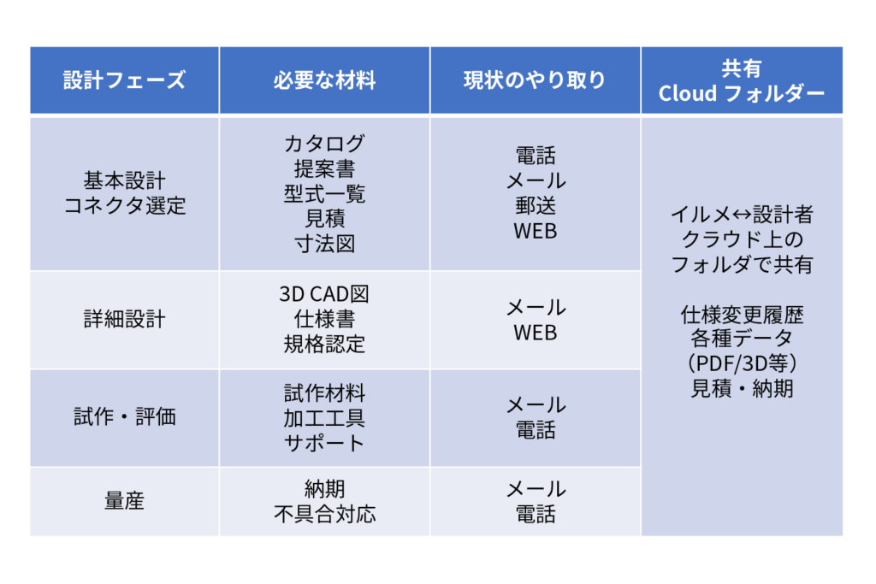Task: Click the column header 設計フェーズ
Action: (124, 80)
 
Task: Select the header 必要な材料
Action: (324, 80)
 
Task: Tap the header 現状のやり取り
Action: (535, 80)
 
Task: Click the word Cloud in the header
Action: (687, 93)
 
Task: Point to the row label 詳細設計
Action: (125, 319)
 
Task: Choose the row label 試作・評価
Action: (125, 416)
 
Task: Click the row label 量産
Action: (125, 501)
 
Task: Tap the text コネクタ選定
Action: (125, 206)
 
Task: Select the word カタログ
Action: (324, 144)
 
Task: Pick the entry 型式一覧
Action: (324, 194)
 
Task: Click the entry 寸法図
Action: (324, 244)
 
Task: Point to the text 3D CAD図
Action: (324, 294)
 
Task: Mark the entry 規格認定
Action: (324, 345)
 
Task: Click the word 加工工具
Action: (324, 418)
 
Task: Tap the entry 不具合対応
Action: (324, 514)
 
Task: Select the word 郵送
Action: (536, 206)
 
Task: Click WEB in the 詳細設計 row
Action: (536, 333)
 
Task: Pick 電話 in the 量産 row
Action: (536, 514)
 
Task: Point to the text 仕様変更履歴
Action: (742, 316)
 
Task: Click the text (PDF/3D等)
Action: (742, 363)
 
